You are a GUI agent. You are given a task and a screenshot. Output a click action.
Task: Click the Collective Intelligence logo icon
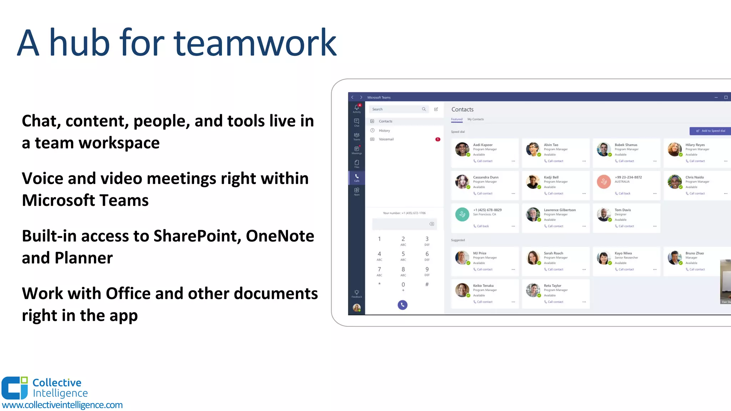click(15, 388)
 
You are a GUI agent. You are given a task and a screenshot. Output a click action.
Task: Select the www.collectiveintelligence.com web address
click(62, 405)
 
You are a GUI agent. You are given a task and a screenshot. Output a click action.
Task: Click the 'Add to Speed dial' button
click(710, 131)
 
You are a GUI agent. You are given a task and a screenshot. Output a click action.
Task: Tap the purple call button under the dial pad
click(402, 305)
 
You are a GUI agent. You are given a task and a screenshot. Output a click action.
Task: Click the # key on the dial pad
click(427, 284)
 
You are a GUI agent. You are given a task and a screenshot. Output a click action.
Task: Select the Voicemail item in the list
click(386, 139)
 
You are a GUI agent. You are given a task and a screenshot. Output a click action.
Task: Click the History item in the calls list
click(384, 131)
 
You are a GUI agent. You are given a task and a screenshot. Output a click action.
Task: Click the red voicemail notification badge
click(438, 139)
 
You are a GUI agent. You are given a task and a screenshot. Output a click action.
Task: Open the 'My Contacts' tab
click(475, 119)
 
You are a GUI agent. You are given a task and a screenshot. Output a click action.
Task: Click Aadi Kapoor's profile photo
click(462, 149)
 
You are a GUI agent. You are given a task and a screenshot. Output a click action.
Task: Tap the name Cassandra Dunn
click(485, 177)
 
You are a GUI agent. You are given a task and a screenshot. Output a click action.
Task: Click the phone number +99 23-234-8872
click(628, 177)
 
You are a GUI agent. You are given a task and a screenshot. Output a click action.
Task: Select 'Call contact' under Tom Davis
click(626, 226)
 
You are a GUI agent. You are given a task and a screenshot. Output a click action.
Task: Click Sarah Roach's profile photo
click(533, 257)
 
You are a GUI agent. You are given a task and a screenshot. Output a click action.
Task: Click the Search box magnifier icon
click(424, 109)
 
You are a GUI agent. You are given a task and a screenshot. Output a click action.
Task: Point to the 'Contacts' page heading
click(462, 110)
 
